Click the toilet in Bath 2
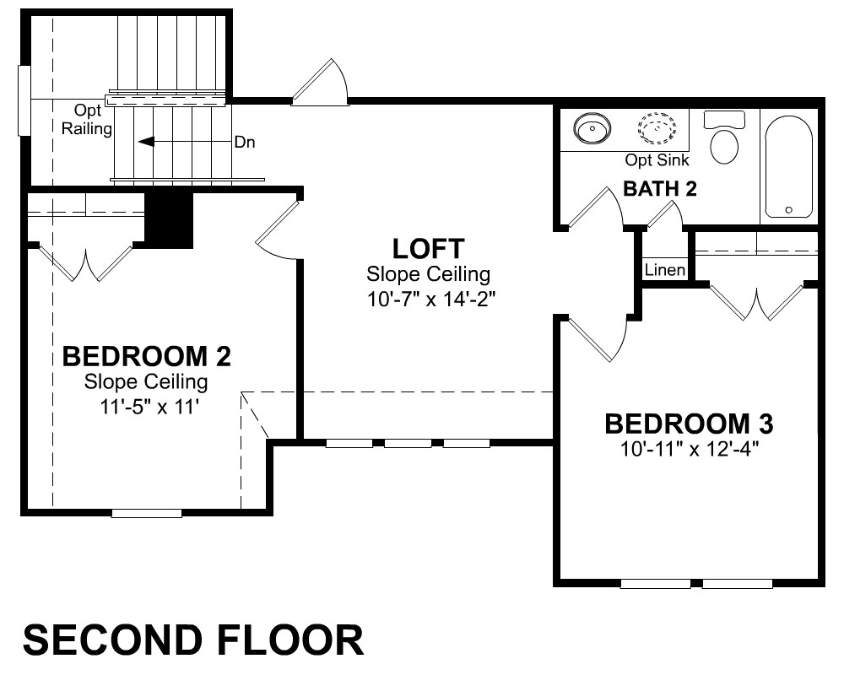[x=724, y=137]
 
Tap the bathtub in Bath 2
[x=788, y=167]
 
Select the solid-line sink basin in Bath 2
[x=592, y=129]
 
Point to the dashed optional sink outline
[x=657, y=128]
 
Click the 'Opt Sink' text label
[x=657, y=159]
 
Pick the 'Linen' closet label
[x=665, y=270]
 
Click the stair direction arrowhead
[x=146, y=142]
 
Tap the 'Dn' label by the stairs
[x=245, y=142]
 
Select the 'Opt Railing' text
[x=87, y=120]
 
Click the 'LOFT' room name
[x=429, y=249]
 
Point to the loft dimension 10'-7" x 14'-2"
[x=430, y=299]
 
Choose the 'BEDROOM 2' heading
[x=146, y=356]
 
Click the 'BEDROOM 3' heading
[x=689, y=424]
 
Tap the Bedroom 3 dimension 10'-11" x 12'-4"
[x=690, y=448]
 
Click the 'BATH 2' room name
[x=660, y=189]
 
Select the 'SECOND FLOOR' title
[x=193, y=640]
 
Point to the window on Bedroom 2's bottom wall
[x=146, y=513]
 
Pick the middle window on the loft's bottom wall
[x=408, y=444]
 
